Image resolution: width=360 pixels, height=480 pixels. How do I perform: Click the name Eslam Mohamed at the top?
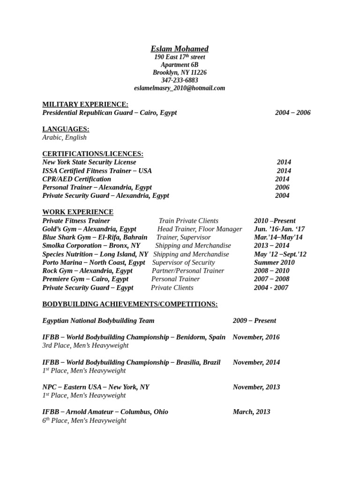180,49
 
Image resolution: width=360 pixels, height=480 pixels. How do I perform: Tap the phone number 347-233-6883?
180,80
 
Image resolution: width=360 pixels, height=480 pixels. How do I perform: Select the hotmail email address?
180,88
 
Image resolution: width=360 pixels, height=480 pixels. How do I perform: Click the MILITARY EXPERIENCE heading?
85,104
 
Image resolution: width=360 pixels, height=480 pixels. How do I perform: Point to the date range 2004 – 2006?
292,112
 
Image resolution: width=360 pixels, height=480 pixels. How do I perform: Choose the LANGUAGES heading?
66,129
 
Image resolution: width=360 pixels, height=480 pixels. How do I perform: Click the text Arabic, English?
64,137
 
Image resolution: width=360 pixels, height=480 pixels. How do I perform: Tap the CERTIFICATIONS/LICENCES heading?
93,154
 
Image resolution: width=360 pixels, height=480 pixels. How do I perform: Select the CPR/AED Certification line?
77,179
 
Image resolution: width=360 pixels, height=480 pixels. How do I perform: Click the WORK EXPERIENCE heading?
78,212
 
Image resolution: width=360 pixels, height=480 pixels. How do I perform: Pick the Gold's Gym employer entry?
89,229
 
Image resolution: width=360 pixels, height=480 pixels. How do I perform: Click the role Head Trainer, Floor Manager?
200,229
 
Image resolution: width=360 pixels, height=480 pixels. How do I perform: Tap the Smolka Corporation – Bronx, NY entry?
91,246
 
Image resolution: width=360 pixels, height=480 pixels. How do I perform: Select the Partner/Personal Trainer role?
188,271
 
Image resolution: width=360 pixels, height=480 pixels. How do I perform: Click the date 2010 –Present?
275,221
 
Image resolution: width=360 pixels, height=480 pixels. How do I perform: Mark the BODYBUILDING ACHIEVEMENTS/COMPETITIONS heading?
130,304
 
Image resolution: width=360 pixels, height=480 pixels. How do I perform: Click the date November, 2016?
256,337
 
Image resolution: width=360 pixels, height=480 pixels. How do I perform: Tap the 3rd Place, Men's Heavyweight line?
85,345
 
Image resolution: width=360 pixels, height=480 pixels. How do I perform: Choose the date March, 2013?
251,412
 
